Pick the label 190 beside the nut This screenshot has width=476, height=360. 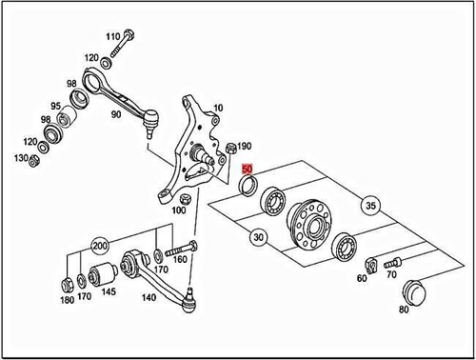click(x=245, y=145)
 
